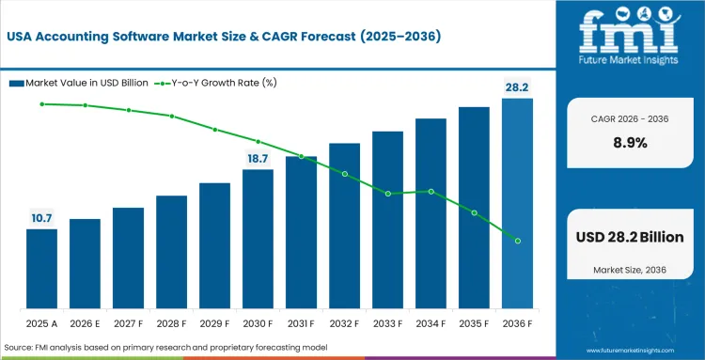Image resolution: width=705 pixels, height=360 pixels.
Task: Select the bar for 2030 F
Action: [258, 240]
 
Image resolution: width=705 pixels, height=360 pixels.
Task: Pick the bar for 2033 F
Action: [387, 221]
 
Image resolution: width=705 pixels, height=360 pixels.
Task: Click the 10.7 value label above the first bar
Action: [41, 218]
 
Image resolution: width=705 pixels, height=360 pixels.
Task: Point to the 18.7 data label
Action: [258, 158]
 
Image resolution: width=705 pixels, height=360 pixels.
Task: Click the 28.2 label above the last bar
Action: [516, 86]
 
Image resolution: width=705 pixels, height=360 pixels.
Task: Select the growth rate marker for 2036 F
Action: [518, 241]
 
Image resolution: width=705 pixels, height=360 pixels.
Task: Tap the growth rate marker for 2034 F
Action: [431, 191]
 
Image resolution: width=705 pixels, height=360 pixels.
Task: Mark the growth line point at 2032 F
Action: [345, 174]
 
